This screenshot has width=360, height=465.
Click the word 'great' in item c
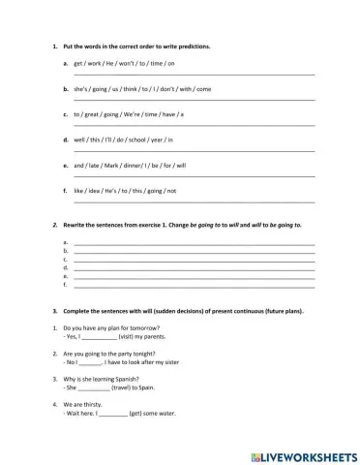(x=93, y=113)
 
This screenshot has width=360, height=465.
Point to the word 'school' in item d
(x=152, y=139)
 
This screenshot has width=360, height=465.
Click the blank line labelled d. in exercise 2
(x=194, y=267)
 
